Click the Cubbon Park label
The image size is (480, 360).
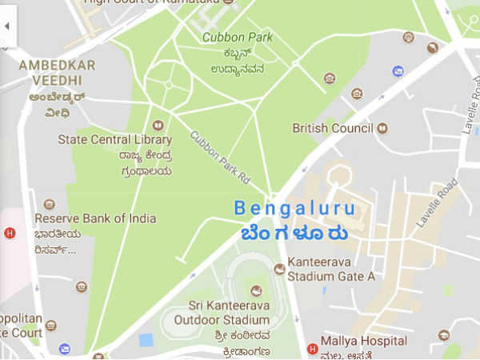coord(237,37)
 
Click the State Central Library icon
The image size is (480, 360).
coord(158,125)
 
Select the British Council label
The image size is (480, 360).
coord(333,128)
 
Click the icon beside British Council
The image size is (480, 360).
coord(382,128)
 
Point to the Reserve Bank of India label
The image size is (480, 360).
coord(95,218)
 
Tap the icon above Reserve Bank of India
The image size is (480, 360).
coord(50,205)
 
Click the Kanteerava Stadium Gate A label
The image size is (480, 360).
coord(331,270)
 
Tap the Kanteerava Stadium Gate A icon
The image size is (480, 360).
coord(279,270)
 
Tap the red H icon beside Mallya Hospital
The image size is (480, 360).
coord(312,349)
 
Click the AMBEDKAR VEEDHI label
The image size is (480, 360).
coord(56,71)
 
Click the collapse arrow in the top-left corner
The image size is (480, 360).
coord(7,26)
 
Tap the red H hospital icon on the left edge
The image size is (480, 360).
coord(10,234)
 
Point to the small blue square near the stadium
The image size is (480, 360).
coord(146,340)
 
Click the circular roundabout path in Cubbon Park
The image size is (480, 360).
coord(169,82)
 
